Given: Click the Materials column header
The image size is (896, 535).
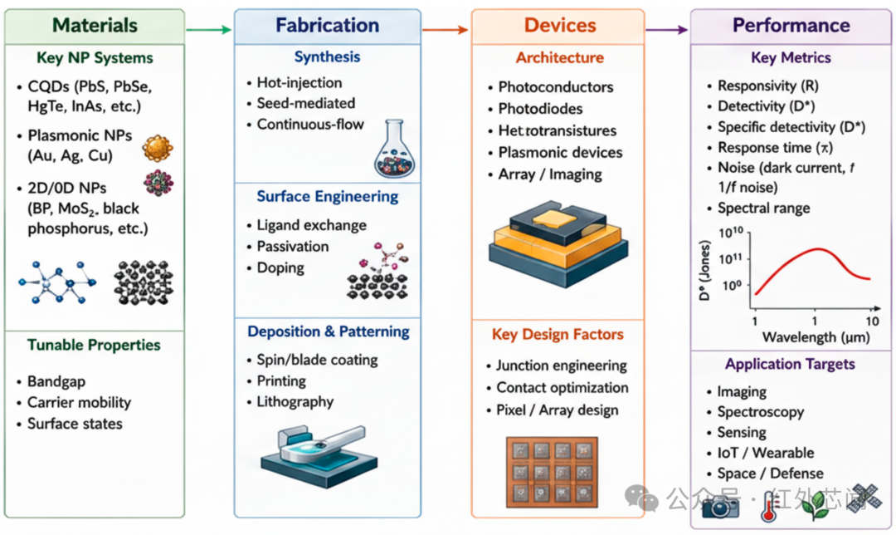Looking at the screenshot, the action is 95,25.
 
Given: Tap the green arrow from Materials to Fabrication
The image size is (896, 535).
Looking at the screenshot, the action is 208,29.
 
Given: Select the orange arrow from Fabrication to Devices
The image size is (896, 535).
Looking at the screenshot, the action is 445,29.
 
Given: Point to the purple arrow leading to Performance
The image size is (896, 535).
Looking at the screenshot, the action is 666,29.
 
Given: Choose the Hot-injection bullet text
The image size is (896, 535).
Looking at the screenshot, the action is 299,82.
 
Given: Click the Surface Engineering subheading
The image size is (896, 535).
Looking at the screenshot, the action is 328,196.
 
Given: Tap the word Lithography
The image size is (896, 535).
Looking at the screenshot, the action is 295,402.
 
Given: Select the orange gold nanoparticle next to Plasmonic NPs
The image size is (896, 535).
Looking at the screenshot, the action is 158,148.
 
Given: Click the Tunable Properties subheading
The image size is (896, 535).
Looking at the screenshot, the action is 94,345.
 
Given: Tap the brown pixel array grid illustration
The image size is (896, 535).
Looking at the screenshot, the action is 552,472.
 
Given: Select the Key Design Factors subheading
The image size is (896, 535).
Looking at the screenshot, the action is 558,334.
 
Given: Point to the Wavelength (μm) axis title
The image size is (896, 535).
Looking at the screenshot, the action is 816,337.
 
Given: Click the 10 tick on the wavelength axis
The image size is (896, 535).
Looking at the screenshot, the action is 872,321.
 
